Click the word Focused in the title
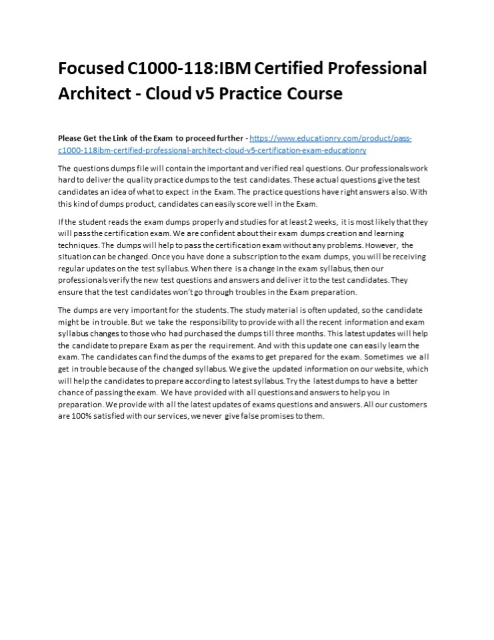[x=89, y=69]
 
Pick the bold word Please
[x=71, y=139]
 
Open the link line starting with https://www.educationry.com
[x=330, y=139]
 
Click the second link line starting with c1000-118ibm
[x=212, y=151]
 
